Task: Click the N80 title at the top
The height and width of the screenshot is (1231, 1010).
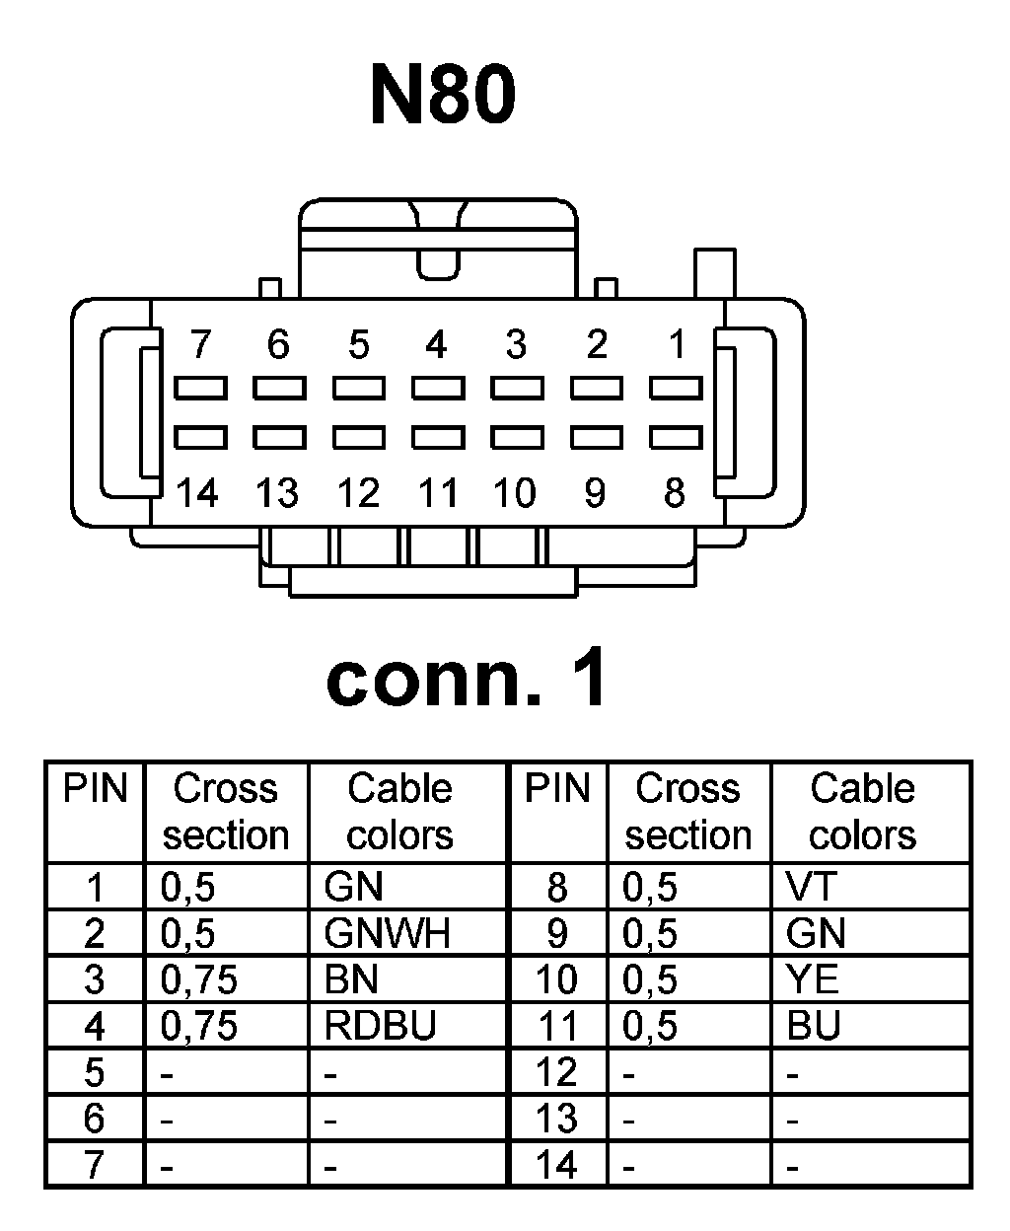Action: (x=443, y=96)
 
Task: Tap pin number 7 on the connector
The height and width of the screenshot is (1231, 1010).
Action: (x=200, y=345)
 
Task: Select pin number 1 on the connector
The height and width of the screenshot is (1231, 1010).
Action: (x=677, y=345)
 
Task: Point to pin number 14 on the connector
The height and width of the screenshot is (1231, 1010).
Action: (x=197, y=491)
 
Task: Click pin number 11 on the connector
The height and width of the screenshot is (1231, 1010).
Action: (x=437, y=491)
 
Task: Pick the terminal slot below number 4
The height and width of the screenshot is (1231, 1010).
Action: (x=438, y=387)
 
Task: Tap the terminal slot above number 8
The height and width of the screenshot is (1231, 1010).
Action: (x=676, y=436)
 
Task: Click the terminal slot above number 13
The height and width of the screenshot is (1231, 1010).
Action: (x=279, y=436)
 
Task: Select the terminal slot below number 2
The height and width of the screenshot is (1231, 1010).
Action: (x=597, y=387)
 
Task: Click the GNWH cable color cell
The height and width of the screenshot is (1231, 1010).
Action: (x=387, y=933)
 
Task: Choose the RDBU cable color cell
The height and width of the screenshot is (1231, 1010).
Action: (x=380, y=1027)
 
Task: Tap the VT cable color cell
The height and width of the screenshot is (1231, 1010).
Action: (x=811, y=887)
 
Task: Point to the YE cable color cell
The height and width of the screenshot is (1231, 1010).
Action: (x=813, y=979)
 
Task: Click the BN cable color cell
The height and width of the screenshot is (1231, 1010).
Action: (x=351, y=979)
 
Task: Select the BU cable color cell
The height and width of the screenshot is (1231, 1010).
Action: (x=814, y=1027)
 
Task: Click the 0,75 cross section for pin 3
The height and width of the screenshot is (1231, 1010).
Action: (x=199, y=979)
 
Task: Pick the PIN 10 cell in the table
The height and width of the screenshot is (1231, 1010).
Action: (x=556, y=979)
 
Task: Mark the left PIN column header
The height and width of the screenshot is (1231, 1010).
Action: (x=96, y=789)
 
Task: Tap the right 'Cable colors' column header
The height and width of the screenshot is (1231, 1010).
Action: (x=862, y=812)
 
